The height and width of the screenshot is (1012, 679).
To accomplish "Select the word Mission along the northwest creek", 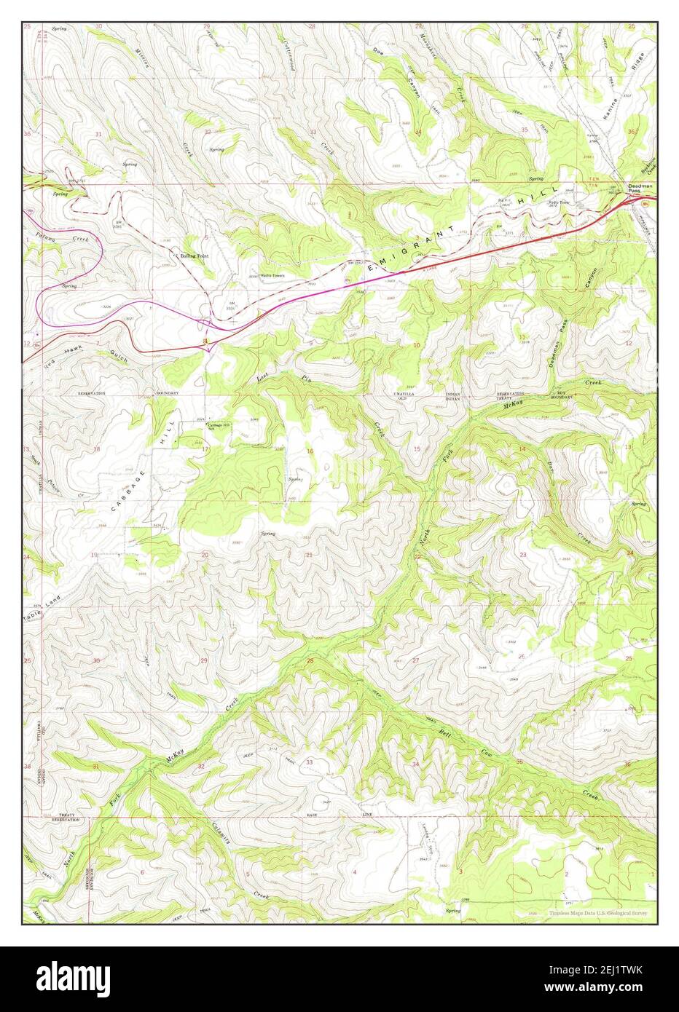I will click(144, 58).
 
